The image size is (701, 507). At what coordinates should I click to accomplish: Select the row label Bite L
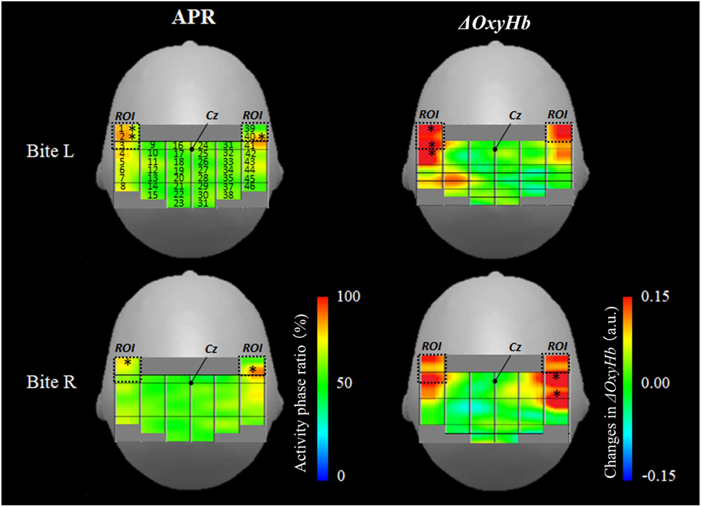51,151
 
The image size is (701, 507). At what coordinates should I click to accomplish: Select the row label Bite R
51,382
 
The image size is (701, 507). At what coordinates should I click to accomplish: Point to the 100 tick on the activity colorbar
349,296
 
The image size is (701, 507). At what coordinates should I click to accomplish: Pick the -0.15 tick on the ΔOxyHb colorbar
653,475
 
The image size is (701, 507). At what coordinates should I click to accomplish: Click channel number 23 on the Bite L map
178,203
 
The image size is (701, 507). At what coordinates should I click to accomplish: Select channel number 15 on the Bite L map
153,195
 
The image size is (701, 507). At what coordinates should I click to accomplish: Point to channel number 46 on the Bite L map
249,186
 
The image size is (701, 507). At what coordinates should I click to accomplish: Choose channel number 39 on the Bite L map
249,128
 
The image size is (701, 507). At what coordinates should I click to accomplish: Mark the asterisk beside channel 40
262,137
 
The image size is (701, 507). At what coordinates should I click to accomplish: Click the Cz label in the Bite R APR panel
211,349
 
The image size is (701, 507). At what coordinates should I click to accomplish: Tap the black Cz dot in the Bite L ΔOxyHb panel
495,149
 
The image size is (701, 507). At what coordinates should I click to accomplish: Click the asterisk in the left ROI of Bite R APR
127,363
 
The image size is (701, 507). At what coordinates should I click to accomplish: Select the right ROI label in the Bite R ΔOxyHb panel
557,347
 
